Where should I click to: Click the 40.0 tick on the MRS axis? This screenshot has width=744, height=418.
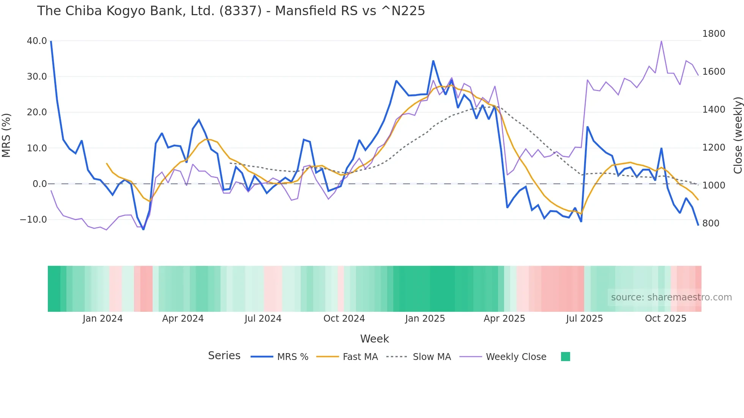[x=37, y=41]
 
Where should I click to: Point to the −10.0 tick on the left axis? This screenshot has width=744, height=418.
[x=33, y=220]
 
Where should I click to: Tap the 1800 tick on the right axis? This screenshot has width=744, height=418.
[x=714, y=34]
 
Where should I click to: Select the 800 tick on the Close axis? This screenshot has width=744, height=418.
[x=711, y=223]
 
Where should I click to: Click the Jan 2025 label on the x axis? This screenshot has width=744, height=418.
[x=425, y=319]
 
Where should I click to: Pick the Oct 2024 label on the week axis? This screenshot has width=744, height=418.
[x=344, y=319]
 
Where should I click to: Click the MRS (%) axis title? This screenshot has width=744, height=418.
[x=6, y=135]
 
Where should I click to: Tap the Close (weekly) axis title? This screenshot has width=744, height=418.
[x=738, y=135]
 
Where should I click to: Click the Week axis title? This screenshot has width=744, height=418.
[x=374, y=339]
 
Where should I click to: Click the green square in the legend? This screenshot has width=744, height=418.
[x=565, y=357]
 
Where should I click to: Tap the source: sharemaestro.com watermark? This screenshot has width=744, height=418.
[x=671, y=297]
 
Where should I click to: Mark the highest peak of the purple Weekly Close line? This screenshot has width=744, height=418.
[x=661, y=41]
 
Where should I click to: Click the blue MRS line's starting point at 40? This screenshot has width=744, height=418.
[x=51, y=41]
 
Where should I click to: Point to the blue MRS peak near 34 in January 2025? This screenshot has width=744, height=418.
[x=433, y=61]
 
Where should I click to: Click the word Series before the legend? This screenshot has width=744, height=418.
[x=224, y=356]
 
